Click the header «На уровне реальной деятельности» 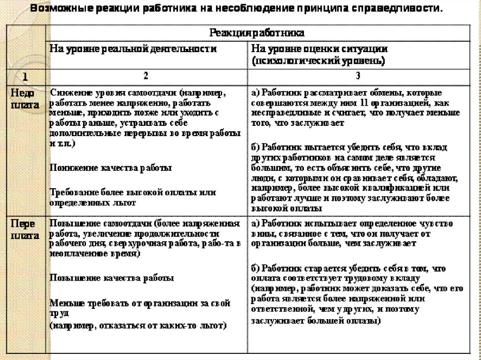(133, 49)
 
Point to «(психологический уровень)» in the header (318, 61)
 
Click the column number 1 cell (26, 76)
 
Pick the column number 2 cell (146, 76)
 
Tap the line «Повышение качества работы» (112, 278)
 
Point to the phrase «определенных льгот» (93, 203)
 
